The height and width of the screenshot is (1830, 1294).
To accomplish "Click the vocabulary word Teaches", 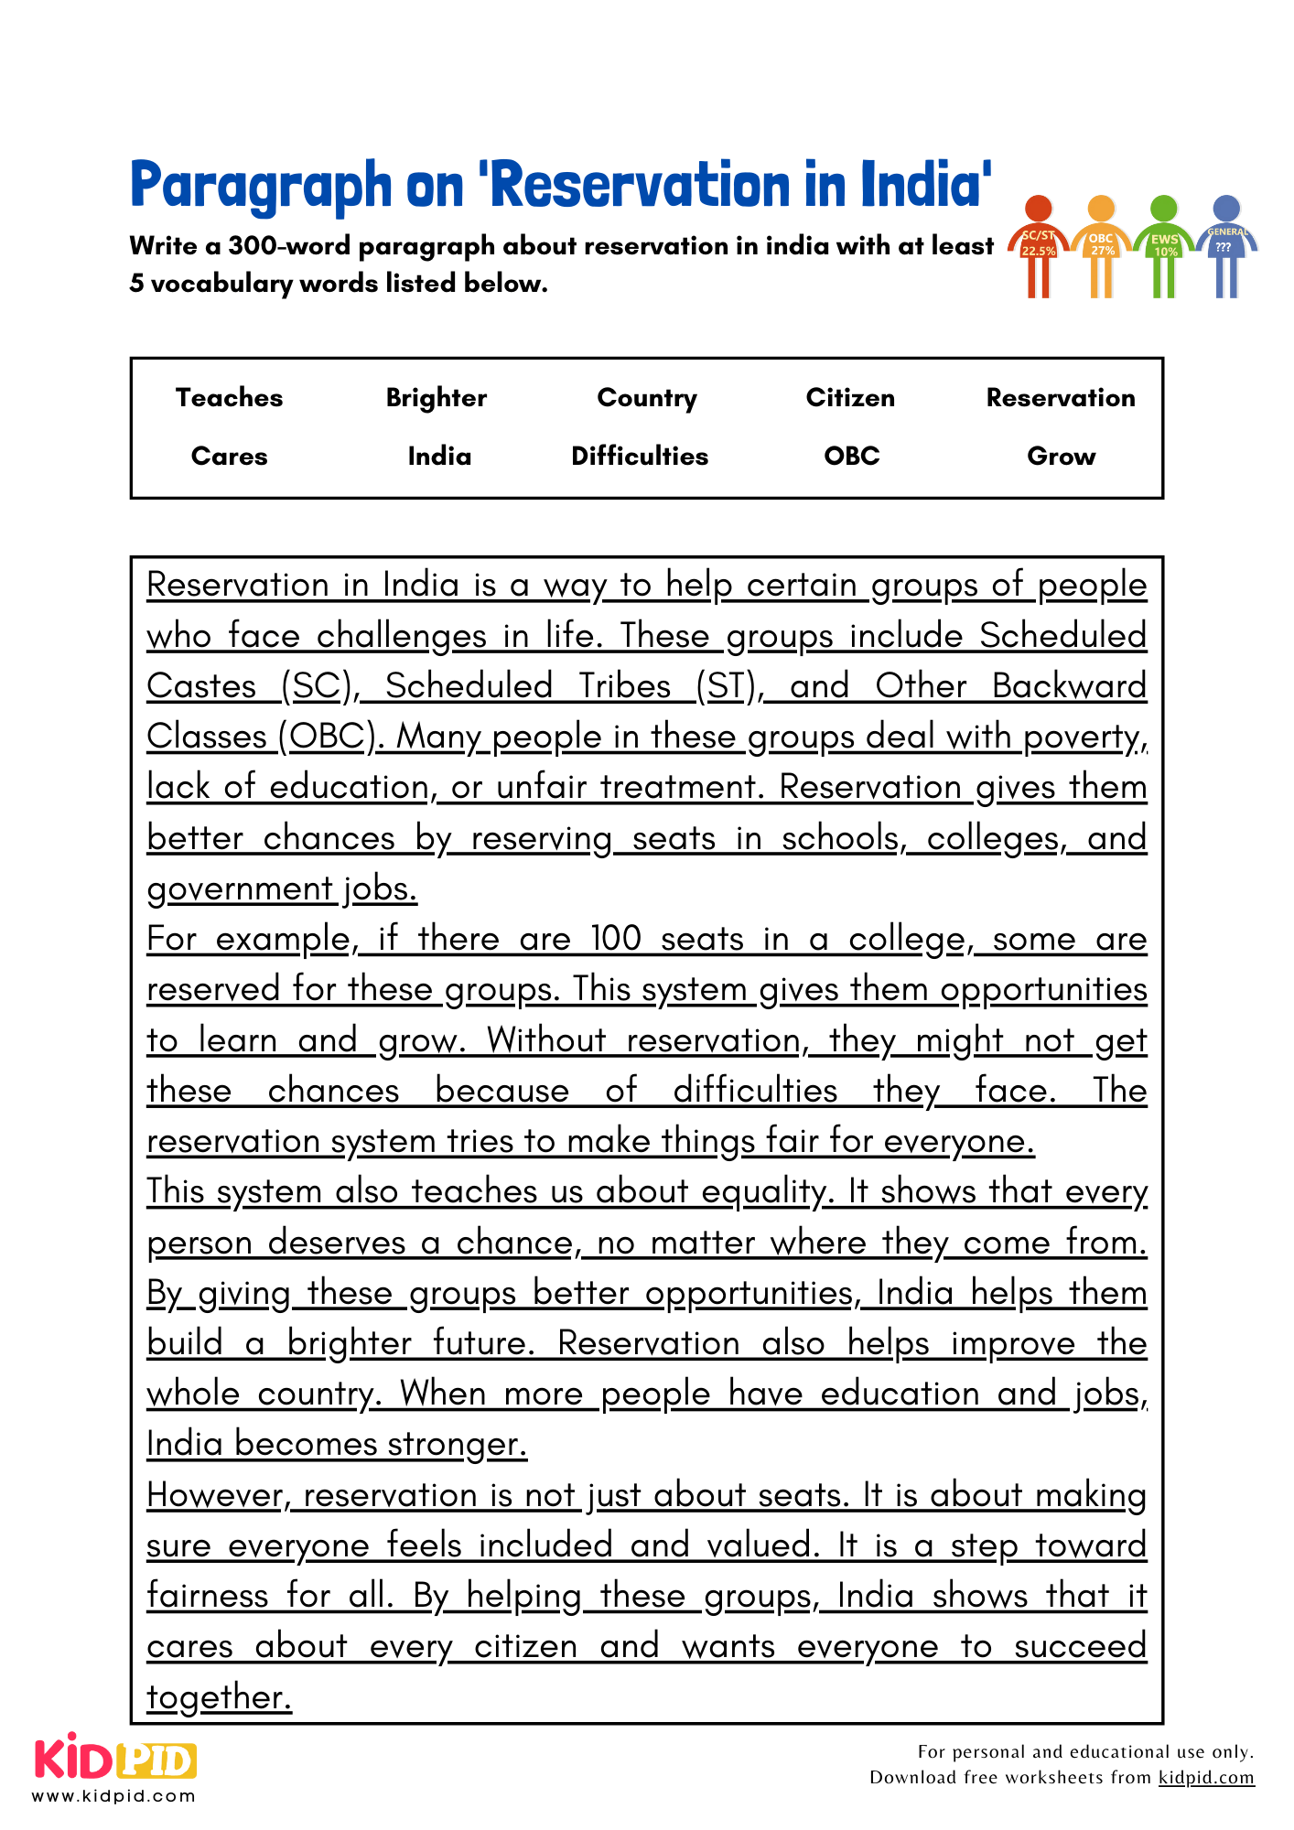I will tap(229, 398).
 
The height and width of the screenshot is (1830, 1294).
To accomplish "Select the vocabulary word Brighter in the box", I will tap(437, 398).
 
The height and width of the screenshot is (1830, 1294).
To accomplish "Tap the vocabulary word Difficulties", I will tap(640, 456).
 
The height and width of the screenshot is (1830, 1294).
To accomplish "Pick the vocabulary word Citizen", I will tap(850, 398).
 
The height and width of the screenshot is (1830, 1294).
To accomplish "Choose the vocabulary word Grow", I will tap(1061, 456).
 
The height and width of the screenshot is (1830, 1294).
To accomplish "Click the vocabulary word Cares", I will tap(229, 456).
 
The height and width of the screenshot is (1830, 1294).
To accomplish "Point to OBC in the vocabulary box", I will tap(851, 456).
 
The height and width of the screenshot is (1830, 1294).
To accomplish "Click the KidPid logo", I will tap(115, 1759).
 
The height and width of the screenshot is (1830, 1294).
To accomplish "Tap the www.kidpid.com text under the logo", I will tap(113, 1796).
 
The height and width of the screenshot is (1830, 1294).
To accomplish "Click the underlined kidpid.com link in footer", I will tap(1206, 1777).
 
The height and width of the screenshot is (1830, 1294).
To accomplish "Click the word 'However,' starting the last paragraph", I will tap(219, 1495).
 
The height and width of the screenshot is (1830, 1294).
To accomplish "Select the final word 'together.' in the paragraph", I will tap(219, 1697).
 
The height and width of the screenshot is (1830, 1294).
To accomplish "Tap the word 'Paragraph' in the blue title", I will tap(261, 186).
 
